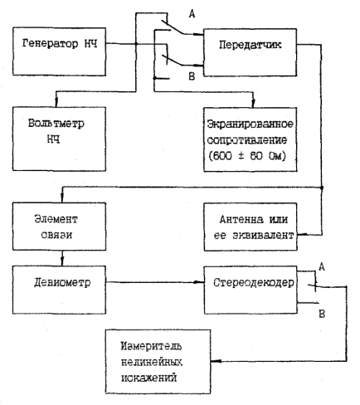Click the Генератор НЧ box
click(x=59, y=51)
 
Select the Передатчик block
click(x=250, y=52)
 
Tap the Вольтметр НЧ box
click(x=59, y=139)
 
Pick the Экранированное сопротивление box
click(x=251, y=139)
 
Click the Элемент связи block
click(x=59, y=227)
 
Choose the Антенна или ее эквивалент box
click(x=251, y=227)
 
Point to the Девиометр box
click(x=59, y=290)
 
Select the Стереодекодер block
click(x=251, y=290)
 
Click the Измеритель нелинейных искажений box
click(x=158, y=362)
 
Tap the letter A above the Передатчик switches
click(x=192, y=13)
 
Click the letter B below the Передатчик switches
click(x=192, y=76)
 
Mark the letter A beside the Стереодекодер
click(x=322, y=267)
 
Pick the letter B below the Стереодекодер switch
click(x=322, y=314)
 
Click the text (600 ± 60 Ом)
click(x=247, y=156)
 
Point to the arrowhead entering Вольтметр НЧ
click(x=56, y=103)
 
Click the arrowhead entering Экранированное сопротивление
click(x=253, y=104)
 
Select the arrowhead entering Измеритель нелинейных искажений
click(x=215, y=361)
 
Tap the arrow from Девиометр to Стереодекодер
click(x=155, y=282)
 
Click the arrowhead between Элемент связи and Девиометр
click(x=62, y=261)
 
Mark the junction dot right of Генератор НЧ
click(x=136, y=44)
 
